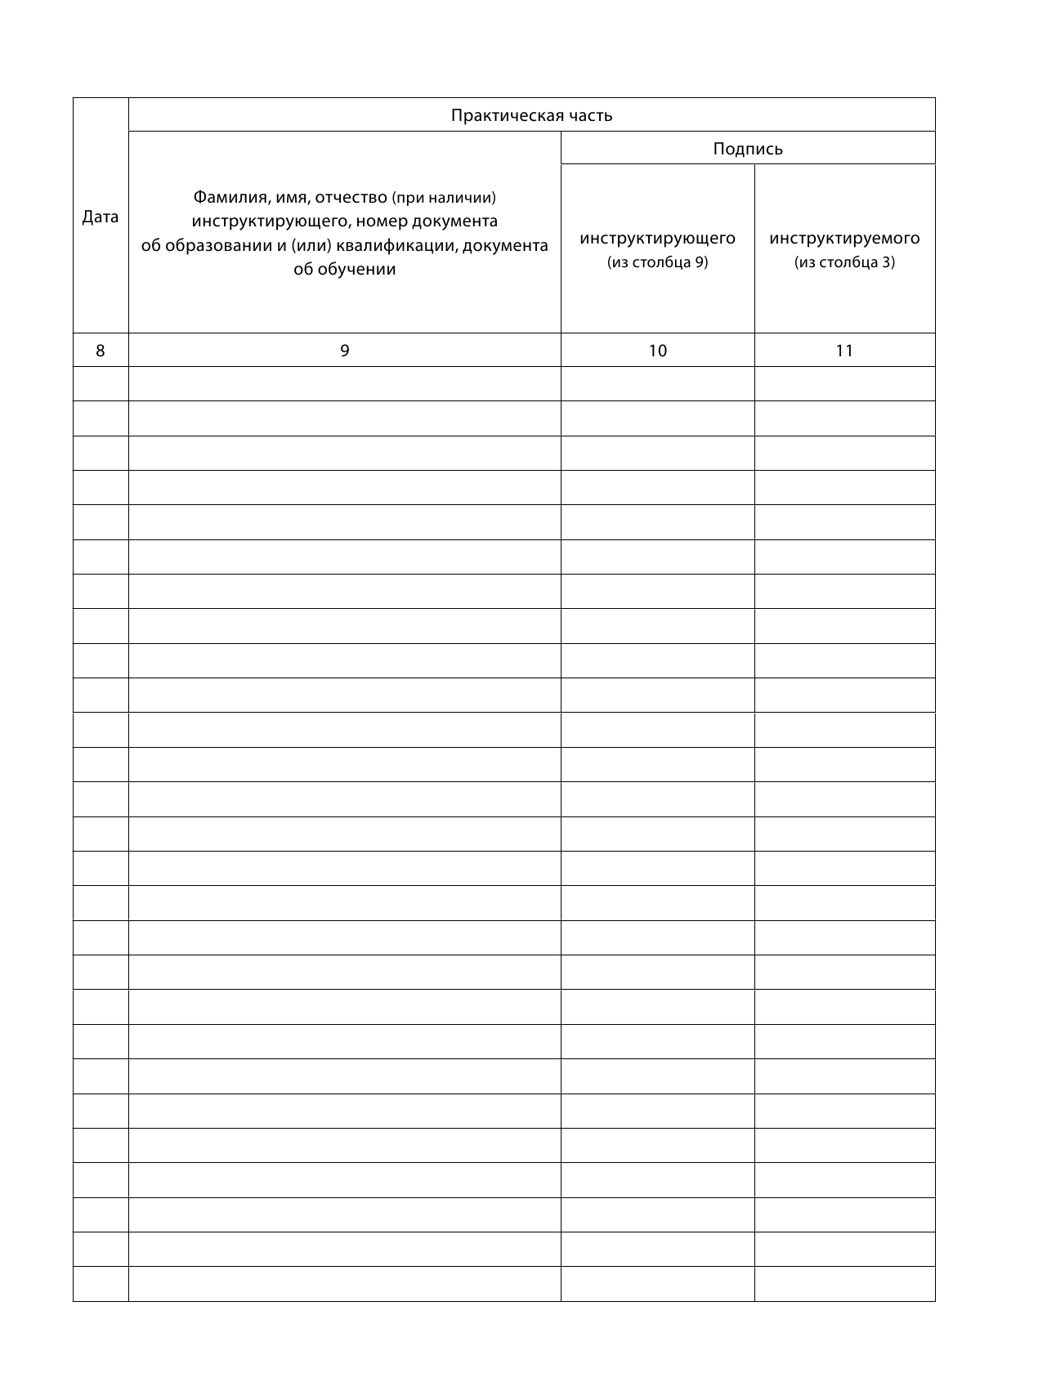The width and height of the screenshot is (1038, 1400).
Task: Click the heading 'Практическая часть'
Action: (531, 115)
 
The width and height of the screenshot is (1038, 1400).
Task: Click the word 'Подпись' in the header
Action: (747, 149)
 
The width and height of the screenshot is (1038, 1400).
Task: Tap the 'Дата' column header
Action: (101, 217)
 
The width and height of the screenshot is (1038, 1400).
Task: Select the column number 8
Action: (101, 351)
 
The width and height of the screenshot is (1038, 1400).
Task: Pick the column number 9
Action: (344, 351)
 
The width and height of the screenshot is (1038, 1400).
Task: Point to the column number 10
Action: (657, 351)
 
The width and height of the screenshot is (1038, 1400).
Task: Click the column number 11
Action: (844, 351)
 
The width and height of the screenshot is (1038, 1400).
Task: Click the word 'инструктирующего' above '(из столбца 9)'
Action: (657, 238)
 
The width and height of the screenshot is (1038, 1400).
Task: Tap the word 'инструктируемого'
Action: (844, 238)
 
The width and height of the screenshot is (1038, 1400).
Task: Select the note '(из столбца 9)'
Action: (657, 262)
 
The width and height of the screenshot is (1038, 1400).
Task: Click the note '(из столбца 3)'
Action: (844, 262)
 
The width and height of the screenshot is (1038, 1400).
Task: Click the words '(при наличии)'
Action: (444, 198)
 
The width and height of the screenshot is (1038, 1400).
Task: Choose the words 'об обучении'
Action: (344, 270)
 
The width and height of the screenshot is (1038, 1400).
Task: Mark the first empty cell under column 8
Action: (101, 384)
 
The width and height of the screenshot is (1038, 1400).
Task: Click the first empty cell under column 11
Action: (844, 384)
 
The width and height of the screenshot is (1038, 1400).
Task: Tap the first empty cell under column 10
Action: (657, 384)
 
